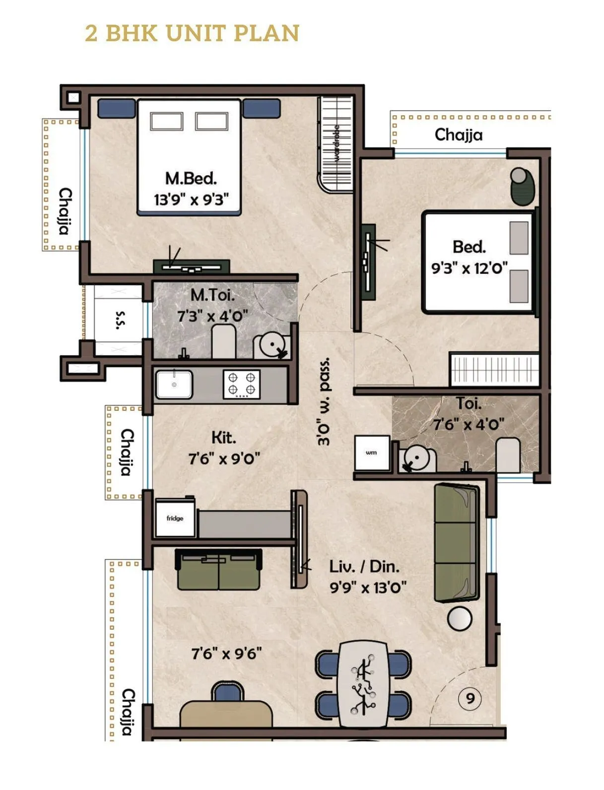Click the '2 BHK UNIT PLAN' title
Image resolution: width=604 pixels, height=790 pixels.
point(192,33)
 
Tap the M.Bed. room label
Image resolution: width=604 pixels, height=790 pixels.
point(191,178)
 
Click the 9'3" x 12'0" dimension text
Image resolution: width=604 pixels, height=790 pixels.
point(469,268)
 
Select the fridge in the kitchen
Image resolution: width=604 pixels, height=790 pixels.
point(175,518)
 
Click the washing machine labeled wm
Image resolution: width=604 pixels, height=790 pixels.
point(372,453)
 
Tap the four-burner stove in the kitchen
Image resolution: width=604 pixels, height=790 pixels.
point(241,384)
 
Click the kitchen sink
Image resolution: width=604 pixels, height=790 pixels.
point(174,385)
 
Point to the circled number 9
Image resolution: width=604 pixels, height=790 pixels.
point(470,699)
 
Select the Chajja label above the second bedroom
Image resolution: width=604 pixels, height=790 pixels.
point(458,135)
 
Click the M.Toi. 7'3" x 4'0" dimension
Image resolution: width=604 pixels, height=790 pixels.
point(212,316)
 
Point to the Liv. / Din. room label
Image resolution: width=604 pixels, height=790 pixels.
point(364,566)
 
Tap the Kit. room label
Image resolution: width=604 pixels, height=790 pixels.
point(223,438)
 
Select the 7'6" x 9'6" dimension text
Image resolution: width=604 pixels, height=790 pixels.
point(226,654)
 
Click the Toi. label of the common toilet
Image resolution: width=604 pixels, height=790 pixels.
point(469,403)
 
